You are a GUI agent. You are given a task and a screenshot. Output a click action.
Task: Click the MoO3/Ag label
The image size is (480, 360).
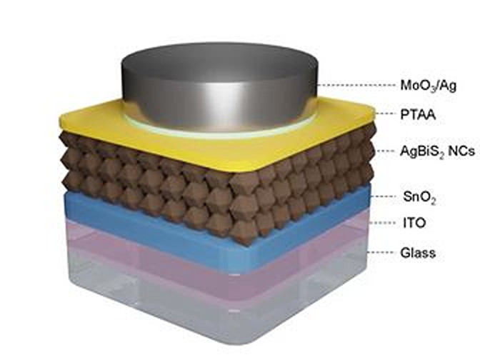coord(429,86)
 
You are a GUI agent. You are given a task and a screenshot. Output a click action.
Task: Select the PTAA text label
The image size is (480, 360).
coord(418,115)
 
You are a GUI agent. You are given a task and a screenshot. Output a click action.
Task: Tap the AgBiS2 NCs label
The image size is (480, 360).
coord(438,151)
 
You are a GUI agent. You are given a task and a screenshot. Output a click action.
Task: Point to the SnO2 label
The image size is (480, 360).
coord(419,197)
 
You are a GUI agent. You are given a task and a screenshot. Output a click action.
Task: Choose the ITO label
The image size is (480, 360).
coord(414,223)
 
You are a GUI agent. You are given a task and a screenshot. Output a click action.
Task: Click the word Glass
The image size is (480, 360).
coord(418,253)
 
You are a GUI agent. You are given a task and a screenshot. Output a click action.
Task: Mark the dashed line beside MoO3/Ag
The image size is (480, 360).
coord(356,86)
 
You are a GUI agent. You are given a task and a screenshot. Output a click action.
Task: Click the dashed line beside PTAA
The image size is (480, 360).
coord(385,114)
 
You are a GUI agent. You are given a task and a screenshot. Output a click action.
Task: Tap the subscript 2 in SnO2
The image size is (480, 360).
coord(432,201)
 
